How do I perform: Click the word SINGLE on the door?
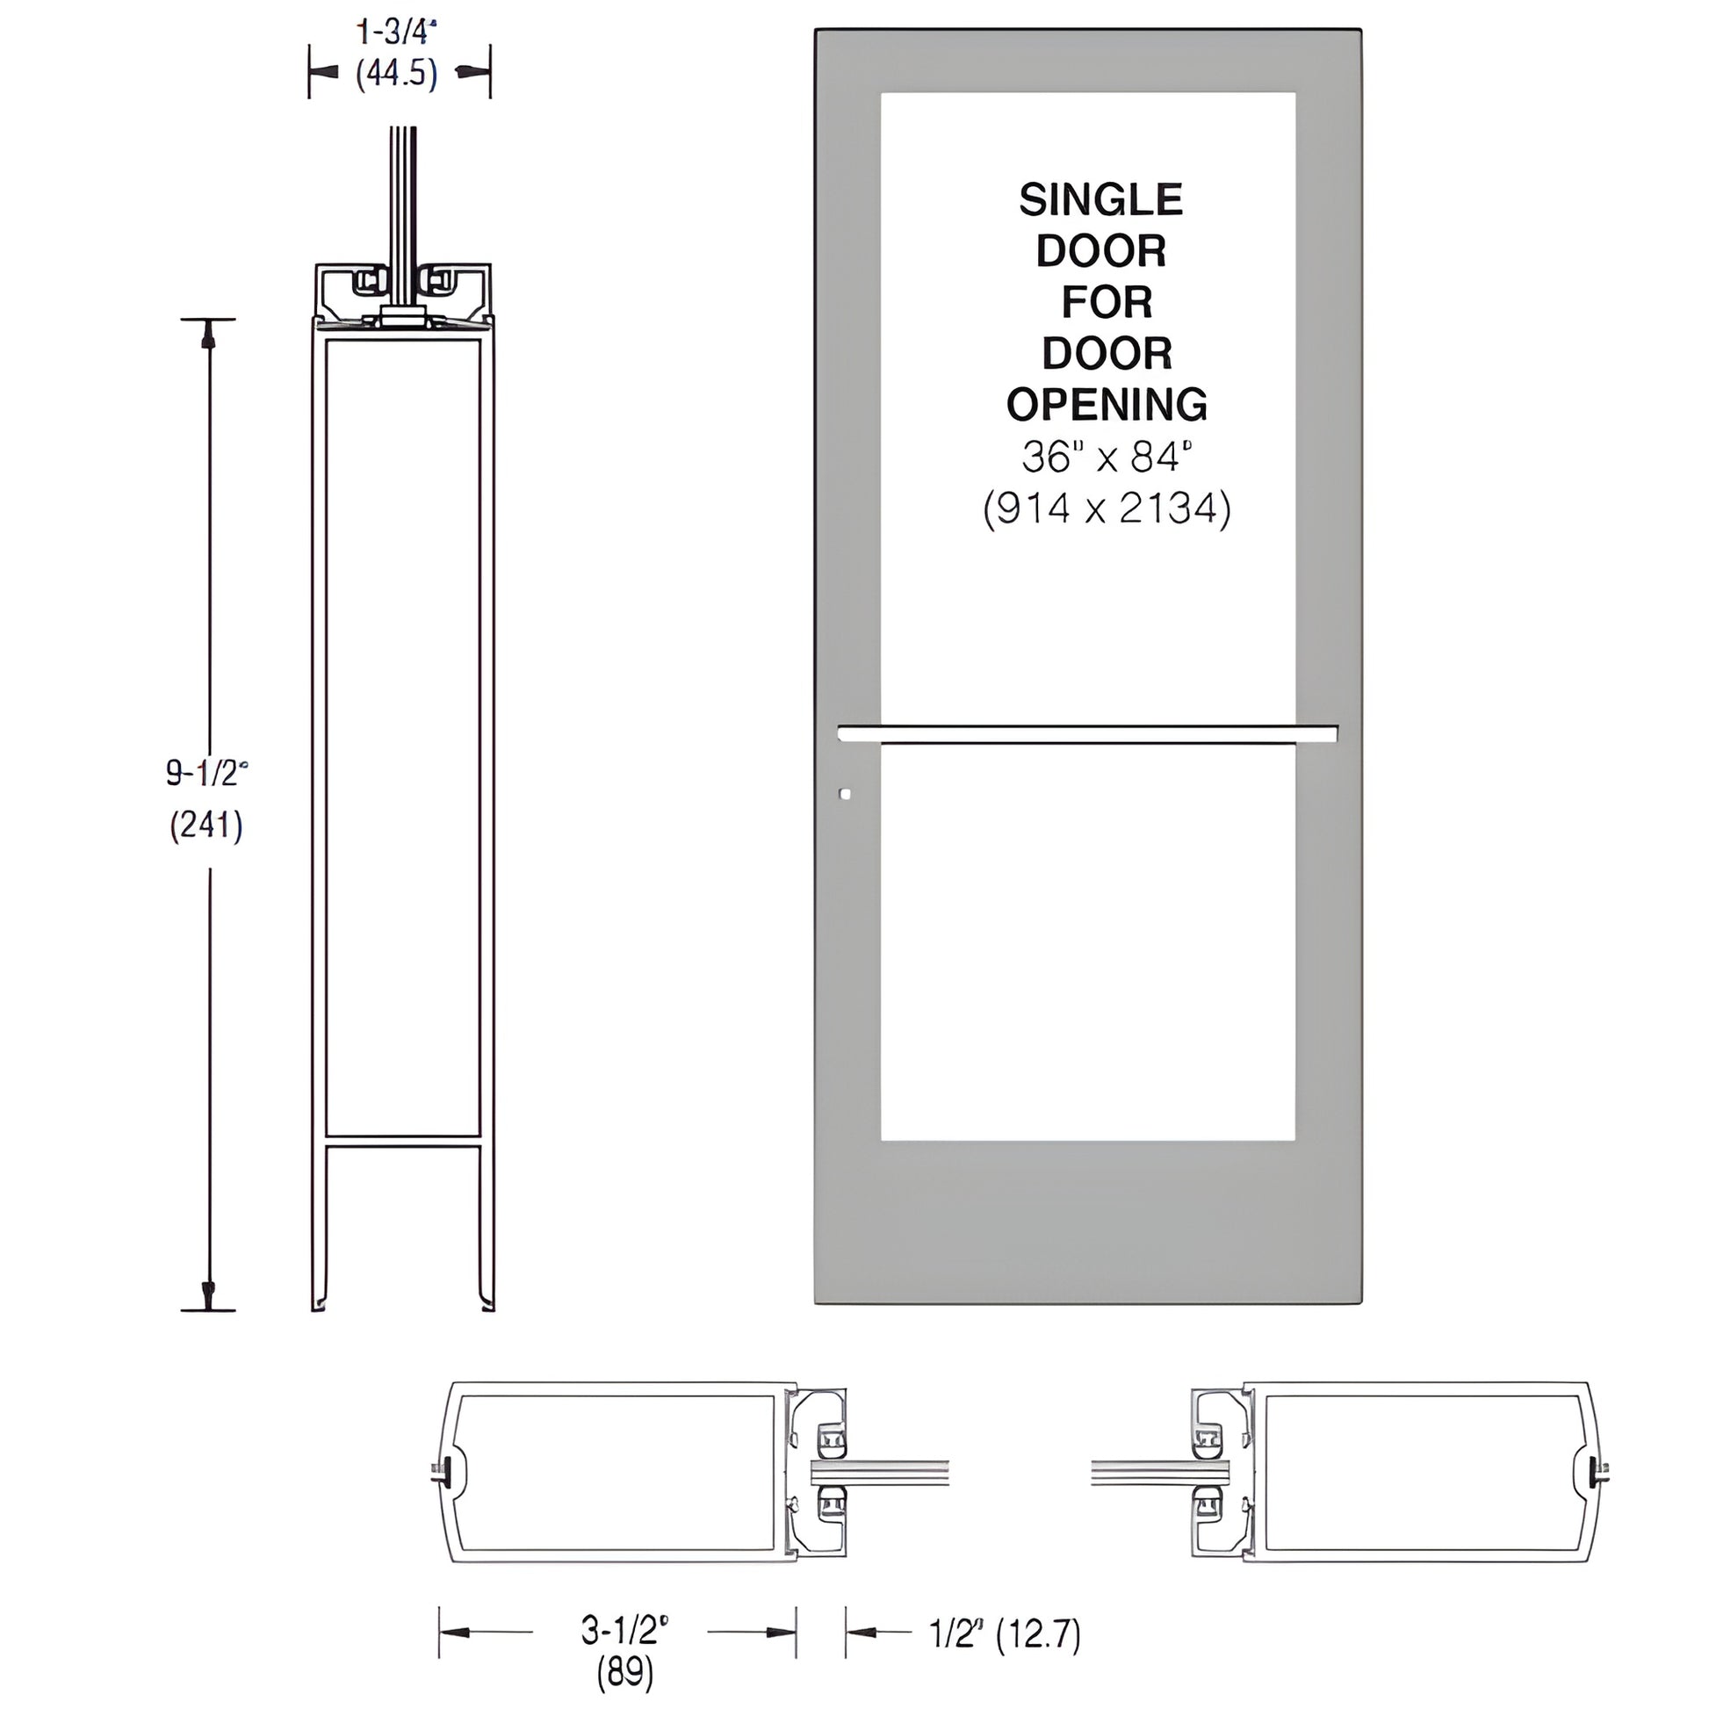(1100, 201)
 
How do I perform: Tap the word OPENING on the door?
(1107, 404)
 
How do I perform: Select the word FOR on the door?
(1107, 302)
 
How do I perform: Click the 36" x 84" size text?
(1107, 458)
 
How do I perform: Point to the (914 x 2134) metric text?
(1107, 509)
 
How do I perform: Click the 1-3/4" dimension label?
(397, 32)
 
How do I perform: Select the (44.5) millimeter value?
(397, 75)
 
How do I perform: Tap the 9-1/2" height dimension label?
(207, 774)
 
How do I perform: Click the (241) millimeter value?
(207, 826)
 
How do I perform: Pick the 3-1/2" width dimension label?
(624, 1630)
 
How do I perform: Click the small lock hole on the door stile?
(845, 795)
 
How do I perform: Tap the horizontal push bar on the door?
(1087, 732)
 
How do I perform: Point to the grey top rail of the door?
(1087, 60)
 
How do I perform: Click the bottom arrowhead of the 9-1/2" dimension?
(209, 1295)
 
